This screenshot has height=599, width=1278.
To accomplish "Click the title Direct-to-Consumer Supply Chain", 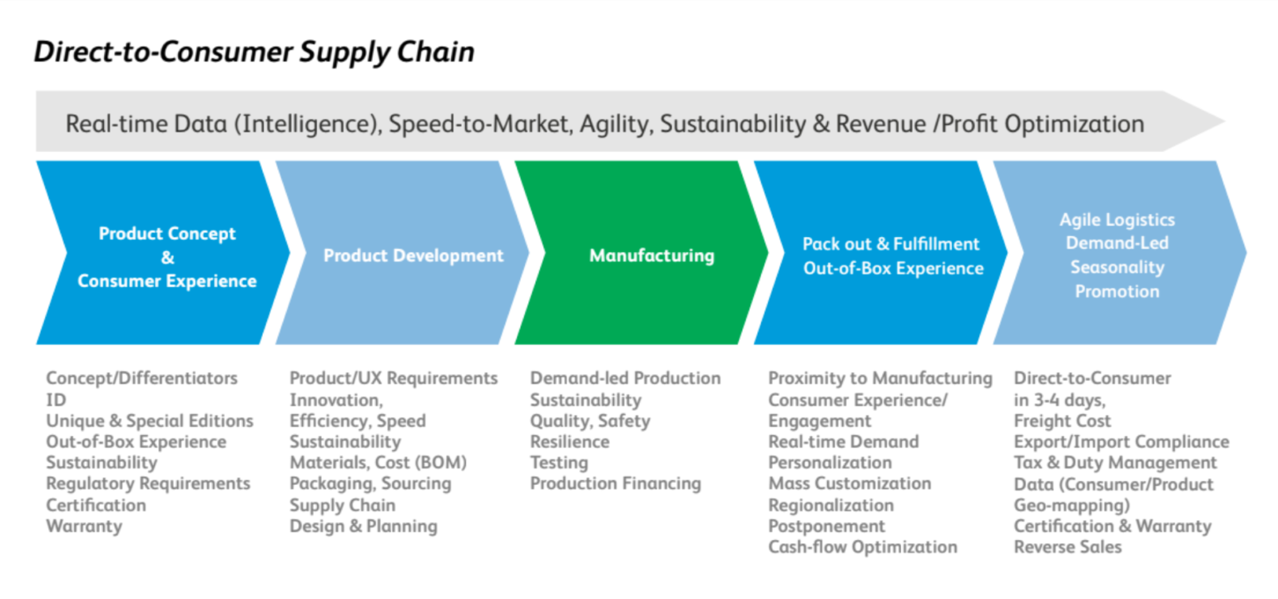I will (254, 52).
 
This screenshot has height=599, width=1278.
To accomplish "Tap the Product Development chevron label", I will (414, 255).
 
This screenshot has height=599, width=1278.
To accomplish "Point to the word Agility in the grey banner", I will (614, 124).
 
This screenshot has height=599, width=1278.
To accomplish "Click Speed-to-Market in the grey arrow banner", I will (478, 124).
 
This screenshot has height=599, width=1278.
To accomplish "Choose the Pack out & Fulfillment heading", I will (891, 244).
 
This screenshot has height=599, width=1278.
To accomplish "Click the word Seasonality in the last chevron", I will (1117, 268).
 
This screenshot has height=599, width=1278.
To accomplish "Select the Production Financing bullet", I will (616, 483).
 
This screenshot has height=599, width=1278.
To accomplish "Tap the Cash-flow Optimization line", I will (862, 547).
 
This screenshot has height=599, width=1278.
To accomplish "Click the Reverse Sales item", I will (1067, 547).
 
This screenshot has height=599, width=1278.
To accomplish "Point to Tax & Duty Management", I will (1115, 463).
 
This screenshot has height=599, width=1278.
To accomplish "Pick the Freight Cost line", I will (1062, 421).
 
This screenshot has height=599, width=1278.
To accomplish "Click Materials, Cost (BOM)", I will (378, 463).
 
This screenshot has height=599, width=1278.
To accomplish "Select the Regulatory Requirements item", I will (148, 483).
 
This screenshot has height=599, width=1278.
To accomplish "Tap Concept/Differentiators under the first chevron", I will (141, 379).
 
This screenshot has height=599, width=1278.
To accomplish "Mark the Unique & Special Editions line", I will (150, 421).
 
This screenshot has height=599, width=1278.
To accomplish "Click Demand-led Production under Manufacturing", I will (626, 379).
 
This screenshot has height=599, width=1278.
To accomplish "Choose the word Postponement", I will (826, 526).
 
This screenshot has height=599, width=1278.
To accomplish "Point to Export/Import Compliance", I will (1121, 442).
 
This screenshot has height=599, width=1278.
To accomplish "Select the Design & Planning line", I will (363, 526).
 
